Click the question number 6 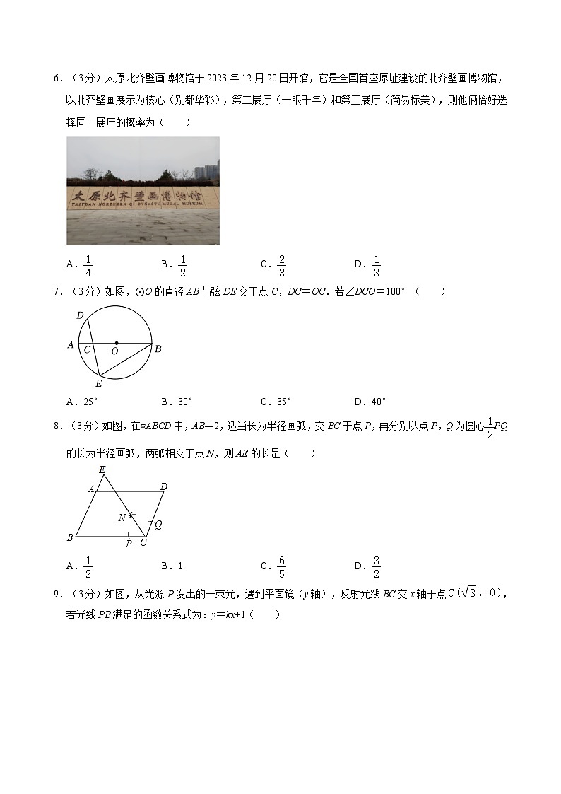(56, 78)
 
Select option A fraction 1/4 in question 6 (88, 264)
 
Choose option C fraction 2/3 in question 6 (281, 264)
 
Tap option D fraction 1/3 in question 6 (377, 264)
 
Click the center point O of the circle (116, 344)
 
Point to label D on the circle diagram (80, 315)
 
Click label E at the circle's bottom (98, 383)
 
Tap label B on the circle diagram (158, 349)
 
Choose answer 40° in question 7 (379, 402)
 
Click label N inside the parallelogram (122, 518)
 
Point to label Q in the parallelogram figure (158, 525)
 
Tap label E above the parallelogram (102, 469)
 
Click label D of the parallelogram (164, 486)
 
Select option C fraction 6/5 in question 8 (281, 566)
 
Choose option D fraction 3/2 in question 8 (377, 566)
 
